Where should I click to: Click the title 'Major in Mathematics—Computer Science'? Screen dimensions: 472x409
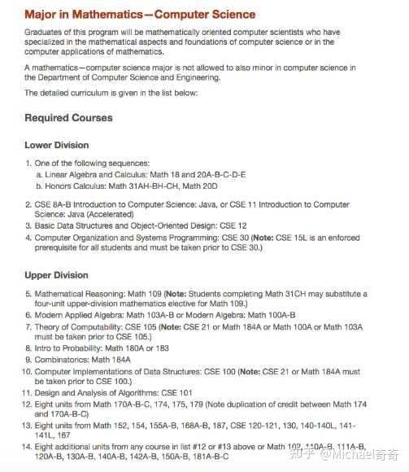[x=140, y=15]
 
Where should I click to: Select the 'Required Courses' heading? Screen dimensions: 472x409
[x=69, y=118]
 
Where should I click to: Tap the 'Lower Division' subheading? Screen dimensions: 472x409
[x=57, y=145]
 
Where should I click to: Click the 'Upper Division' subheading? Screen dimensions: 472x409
[x=56, y=275]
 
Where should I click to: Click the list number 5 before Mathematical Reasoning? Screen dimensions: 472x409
[x=29, y=293]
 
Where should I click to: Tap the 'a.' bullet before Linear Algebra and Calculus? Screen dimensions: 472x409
[x=40, y=174]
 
